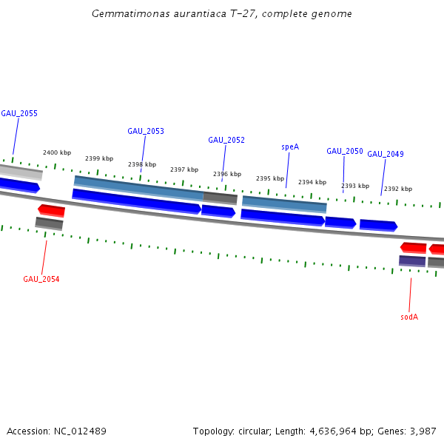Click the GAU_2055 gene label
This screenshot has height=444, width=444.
[x=19, y=113]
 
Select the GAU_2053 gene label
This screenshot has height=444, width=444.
[x=146, y=131]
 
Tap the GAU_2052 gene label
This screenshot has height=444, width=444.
[x=226, y=140]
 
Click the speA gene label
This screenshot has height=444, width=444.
[x=290, y=147]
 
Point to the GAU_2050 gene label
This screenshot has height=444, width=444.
[x=345, y=151]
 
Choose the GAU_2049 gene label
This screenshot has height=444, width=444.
[x=386, y=154]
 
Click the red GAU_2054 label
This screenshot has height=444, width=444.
[x=41, y=279]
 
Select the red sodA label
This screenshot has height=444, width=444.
[x=409, y=317]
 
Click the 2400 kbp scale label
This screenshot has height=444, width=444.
[x=57, y=152]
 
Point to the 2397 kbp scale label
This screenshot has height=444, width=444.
[x=184, y=169]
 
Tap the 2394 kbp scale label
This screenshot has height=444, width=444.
[x=312, y=182]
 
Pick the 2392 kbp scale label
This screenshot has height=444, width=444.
[x=398, y=189]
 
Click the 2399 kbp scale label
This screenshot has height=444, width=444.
[x=99, y=158]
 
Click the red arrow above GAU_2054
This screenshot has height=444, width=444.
[x=52, y=210]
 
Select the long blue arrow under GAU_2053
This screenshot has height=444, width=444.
[x=136, y=201]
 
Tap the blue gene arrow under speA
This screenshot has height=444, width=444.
[x=283, y=217]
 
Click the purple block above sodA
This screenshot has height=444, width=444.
[x=412, y=260]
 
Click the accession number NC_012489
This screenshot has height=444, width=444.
[x=78, y=431]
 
